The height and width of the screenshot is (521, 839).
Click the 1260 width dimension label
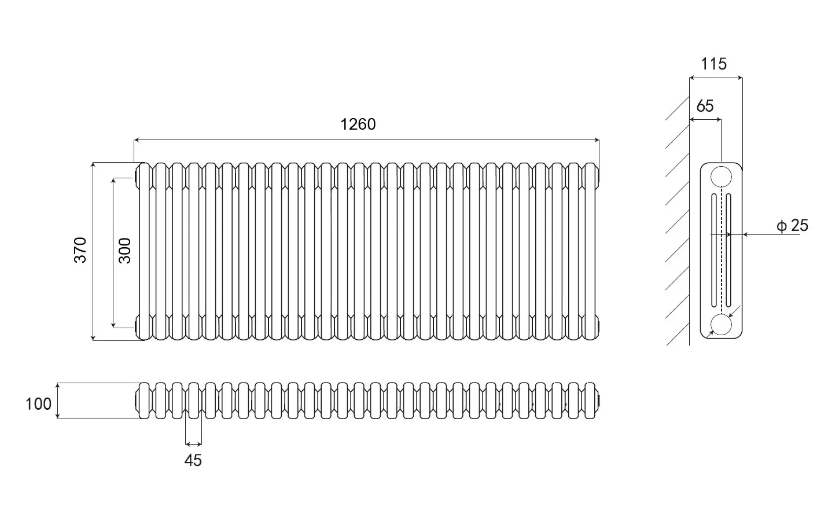[x=358, y=124]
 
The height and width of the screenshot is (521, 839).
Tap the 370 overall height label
[x=80, y=250]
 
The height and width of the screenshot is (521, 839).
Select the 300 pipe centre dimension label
[x=125, y=251]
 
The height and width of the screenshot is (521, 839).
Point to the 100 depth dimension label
[x=38, y=404]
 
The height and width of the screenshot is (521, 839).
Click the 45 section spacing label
[x=193, y=460]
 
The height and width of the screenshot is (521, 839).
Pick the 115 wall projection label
[x=713, y=64]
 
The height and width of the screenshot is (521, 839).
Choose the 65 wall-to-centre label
[x=705, y=106]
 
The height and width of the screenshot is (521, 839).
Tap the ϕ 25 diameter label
[x=792, y=226]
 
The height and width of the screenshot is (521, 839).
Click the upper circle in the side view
[x=721, y=177]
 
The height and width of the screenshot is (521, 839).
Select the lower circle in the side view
[x=721, y=325]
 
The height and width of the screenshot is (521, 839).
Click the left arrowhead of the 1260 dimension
[x=137, y=140]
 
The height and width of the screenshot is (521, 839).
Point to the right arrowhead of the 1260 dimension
[x=597, y=140]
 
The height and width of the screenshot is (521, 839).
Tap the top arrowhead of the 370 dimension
[x=93, y=166]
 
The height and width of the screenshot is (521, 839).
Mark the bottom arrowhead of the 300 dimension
[x=113, y=325]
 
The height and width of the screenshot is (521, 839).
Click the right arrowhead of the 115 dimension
[x=739, y=78]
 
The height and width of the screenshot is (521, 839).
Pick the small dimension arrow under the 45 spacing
[x=194, y=444]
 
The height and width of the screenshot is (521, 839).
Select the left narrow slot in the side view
[x=714, y=250]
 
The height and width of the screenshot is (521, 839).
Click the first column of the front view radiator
[x=144, y=251]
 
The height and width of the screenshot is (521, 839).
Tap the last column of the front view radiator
[x=590, y=251]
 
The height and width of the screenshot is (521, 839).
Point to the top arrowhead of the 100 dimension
[x=58, y=386]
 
